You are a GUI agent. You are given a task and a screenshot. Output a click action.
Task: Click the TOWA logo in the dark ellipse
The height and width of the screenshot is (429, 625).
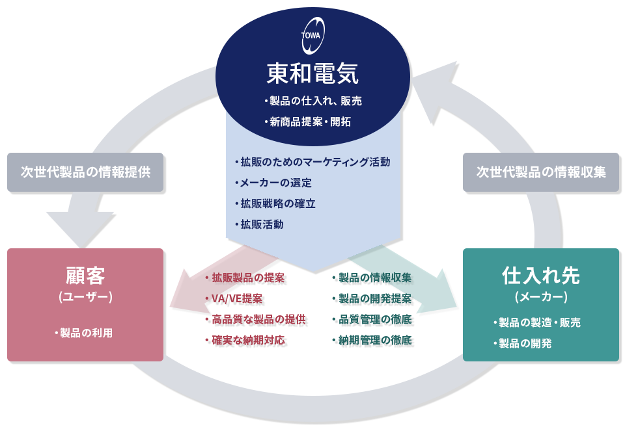[x=312, y=35]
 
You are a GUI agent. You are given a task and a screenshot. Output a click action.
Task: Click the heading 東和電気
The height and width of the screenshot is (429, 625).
[x=312, y=73]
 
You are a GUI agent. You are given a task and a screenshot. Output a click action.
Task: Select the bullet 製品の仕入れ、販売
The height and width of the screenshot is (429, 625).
[x=313, y=101]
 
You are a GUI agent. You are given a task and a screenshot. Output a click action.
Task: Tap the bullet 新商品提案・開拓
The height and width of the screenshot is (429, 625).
[x=308, y=122]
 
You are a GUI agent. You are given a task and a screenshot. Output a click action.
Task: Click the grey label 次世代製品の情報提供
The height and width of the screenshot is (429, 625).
[x=85, y=172]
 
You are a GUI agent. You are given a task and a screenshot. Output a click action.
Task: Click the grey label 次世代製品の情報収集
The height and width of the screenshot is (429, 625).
[x=541, y=172]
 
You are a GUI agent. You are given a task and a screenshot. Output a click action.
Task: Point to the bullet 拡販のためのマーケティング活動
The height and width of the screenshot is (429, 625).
[x=312, y=162]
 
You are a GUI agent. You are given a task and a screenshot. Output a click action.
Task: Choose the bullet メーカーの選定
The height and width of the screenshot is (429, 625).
[x=273, y=183]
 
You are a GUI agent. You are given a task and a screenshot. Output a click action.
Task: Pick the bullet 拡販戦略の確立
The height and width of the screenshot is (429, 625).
[x=275, y=203]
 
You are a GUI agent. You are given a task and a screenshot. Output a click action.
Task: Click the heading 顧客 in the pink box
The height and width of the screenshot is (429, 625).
[x=85, y=276]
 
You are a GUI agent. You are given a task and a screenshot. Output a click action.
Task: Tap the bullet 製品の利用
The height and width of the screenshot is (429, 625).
[x=84, y=333]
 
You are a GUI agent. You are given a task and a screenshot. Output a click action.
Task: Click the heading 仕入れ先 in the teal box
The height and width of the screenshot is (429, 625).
[x=541, y=276]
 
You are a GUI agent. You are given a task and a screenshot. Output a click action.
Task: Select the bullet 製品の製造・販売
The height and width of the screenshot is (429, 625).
[x=537, y=322]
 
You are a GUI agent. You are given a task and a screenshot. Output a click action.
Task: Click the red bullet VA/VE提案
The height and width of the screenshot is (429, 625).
[x=234, y=298]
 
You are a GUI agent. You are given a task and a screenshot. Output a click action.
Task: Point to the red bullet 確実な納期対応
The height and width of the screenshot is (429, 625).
[x=245, y=340]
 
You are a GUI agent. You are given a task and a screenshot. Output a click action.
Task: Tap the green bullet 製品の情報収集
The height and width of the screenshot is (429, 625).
[x=372, y=278]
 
